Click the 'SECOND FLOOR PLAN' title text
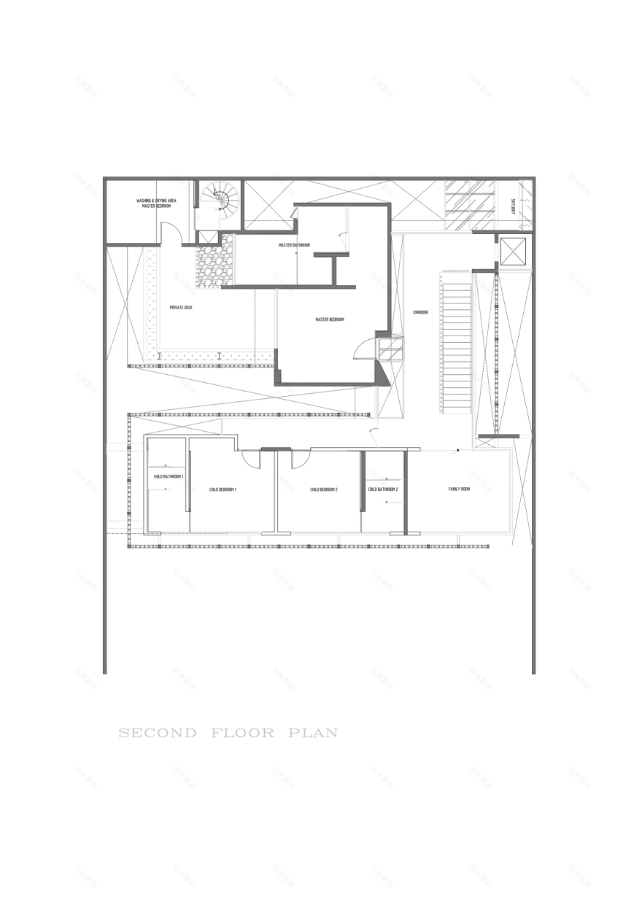[228, 732]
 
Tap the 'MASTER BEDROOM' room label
[330, 319]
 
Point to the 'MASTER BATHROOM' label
[294, 245]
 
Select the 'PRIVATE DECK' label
[181, 308]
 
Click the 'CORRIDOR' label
[420, 312]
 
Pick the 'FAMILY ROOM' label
[459, 489]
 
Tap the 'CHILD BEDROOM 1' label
[223, 489]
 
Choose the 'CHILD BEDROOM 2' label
[323, 489]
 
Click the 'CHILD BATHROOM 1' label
[168, 476]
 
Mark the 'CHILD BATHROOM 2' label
[383, 489]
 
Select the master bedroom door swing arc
[363, 350]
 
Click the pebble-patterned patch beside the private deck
[214, 259]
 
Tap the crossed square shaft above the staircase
[512, 252]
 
